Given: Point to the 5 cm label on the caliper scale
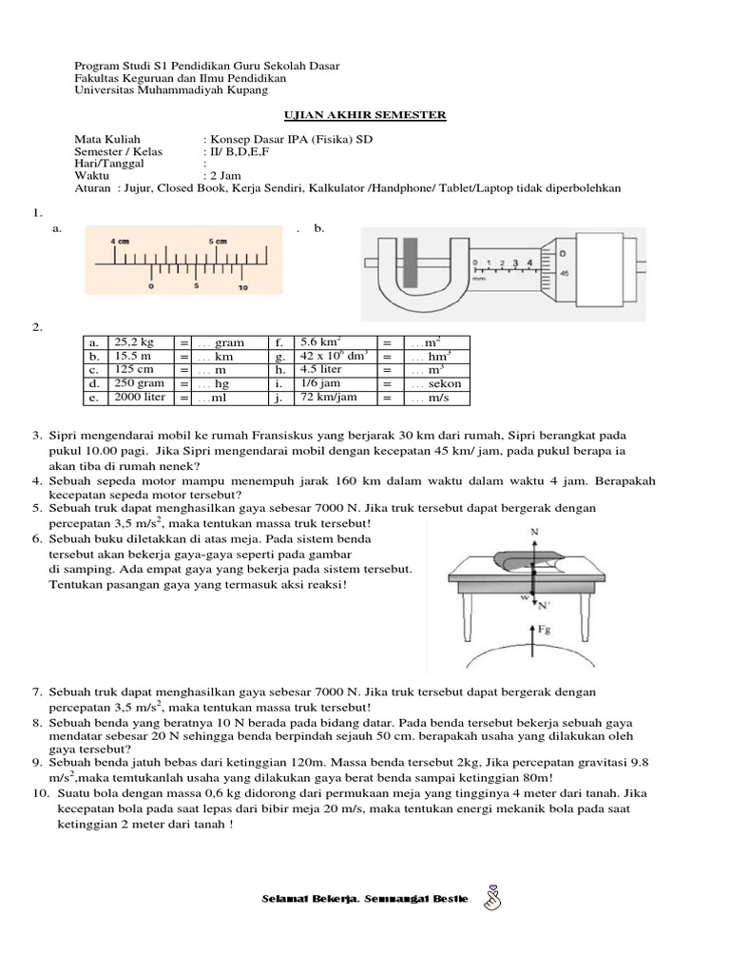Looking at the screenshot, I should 218,242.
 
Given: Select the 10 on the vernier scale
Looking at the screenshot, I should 242,286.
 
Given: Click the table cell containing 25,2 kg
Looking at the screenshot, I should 140,341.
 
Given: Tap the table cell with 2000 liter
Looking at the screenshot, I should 140,398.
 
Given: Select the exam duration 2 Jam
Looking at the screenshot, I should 225,175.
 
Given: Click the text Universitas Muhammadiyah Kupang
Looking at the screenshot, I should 171,90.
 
